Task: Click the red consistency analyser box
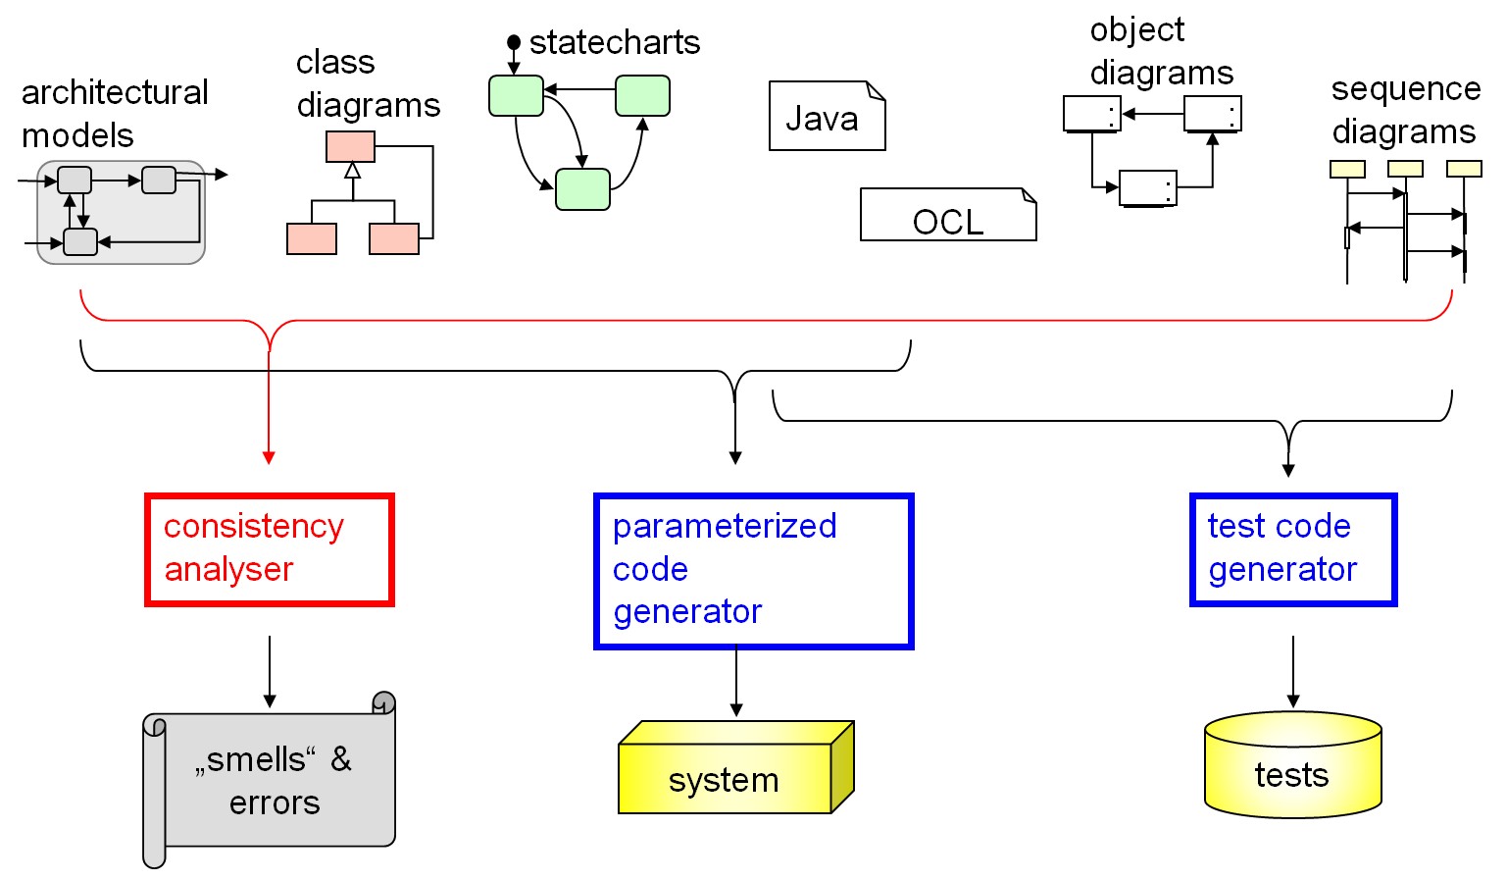(x=269, y=549)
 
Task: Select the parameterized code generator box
(x=753, y=571)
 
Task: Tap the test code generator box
(x=1292, y=549)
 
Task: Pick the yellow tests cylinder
(x=1291, y=770)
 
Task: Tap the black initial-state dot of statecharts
(x=514, y=42)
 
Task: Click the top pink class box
(x=350, y=147)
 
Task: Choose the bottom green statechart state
(x=582, y=189)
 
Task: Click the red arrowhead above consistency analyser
(x=269, y=457)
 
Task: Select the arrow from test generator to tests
(x=1293, y=672)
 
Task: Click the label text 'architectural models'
(x=114, y=113)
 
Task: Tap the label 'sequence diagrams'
(x=1404, y=109)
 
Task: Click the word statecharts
(x=614, y=42)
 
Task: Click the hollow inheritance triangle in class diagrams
(x=352, y=170)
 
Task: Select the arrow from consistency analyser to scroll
(x=270, y=672)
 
